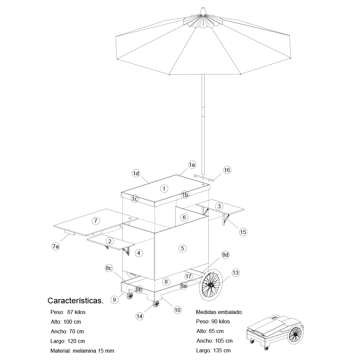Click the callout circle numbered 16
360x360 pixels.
coord(227,170)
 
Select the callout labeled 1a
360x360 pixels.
coord(192,165)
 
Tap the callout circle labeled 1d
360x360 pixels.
coord(136,173)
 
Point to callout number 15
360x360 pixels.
coord(243,232)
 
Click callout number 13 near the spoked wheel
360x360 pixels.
coord(235,273)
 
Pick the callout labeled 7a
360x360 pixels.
coord(56,247)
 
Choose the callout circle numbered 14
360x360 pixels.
coord(140,316)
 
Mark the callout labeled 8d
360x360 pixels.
coord(226,255)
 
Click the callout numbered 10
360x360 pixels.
coord(177,310)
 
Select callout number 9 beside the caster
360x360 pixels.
coord(114,300)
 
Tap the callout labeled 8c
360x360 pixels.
coord(109,268)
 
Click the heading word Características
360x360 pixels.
coord(76,301)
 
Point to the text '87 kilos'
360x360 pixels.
coord(76,312)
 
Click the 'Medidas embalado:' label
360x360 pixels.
coord(219,312)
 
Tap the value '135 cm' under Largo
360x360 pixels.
coord(221,350)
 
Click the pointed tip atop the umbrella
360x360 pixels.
coord(203,8)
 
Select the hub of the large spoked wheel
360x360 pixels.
coord(211,285)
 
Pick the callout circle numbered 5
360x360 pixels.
coord(182,248)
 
